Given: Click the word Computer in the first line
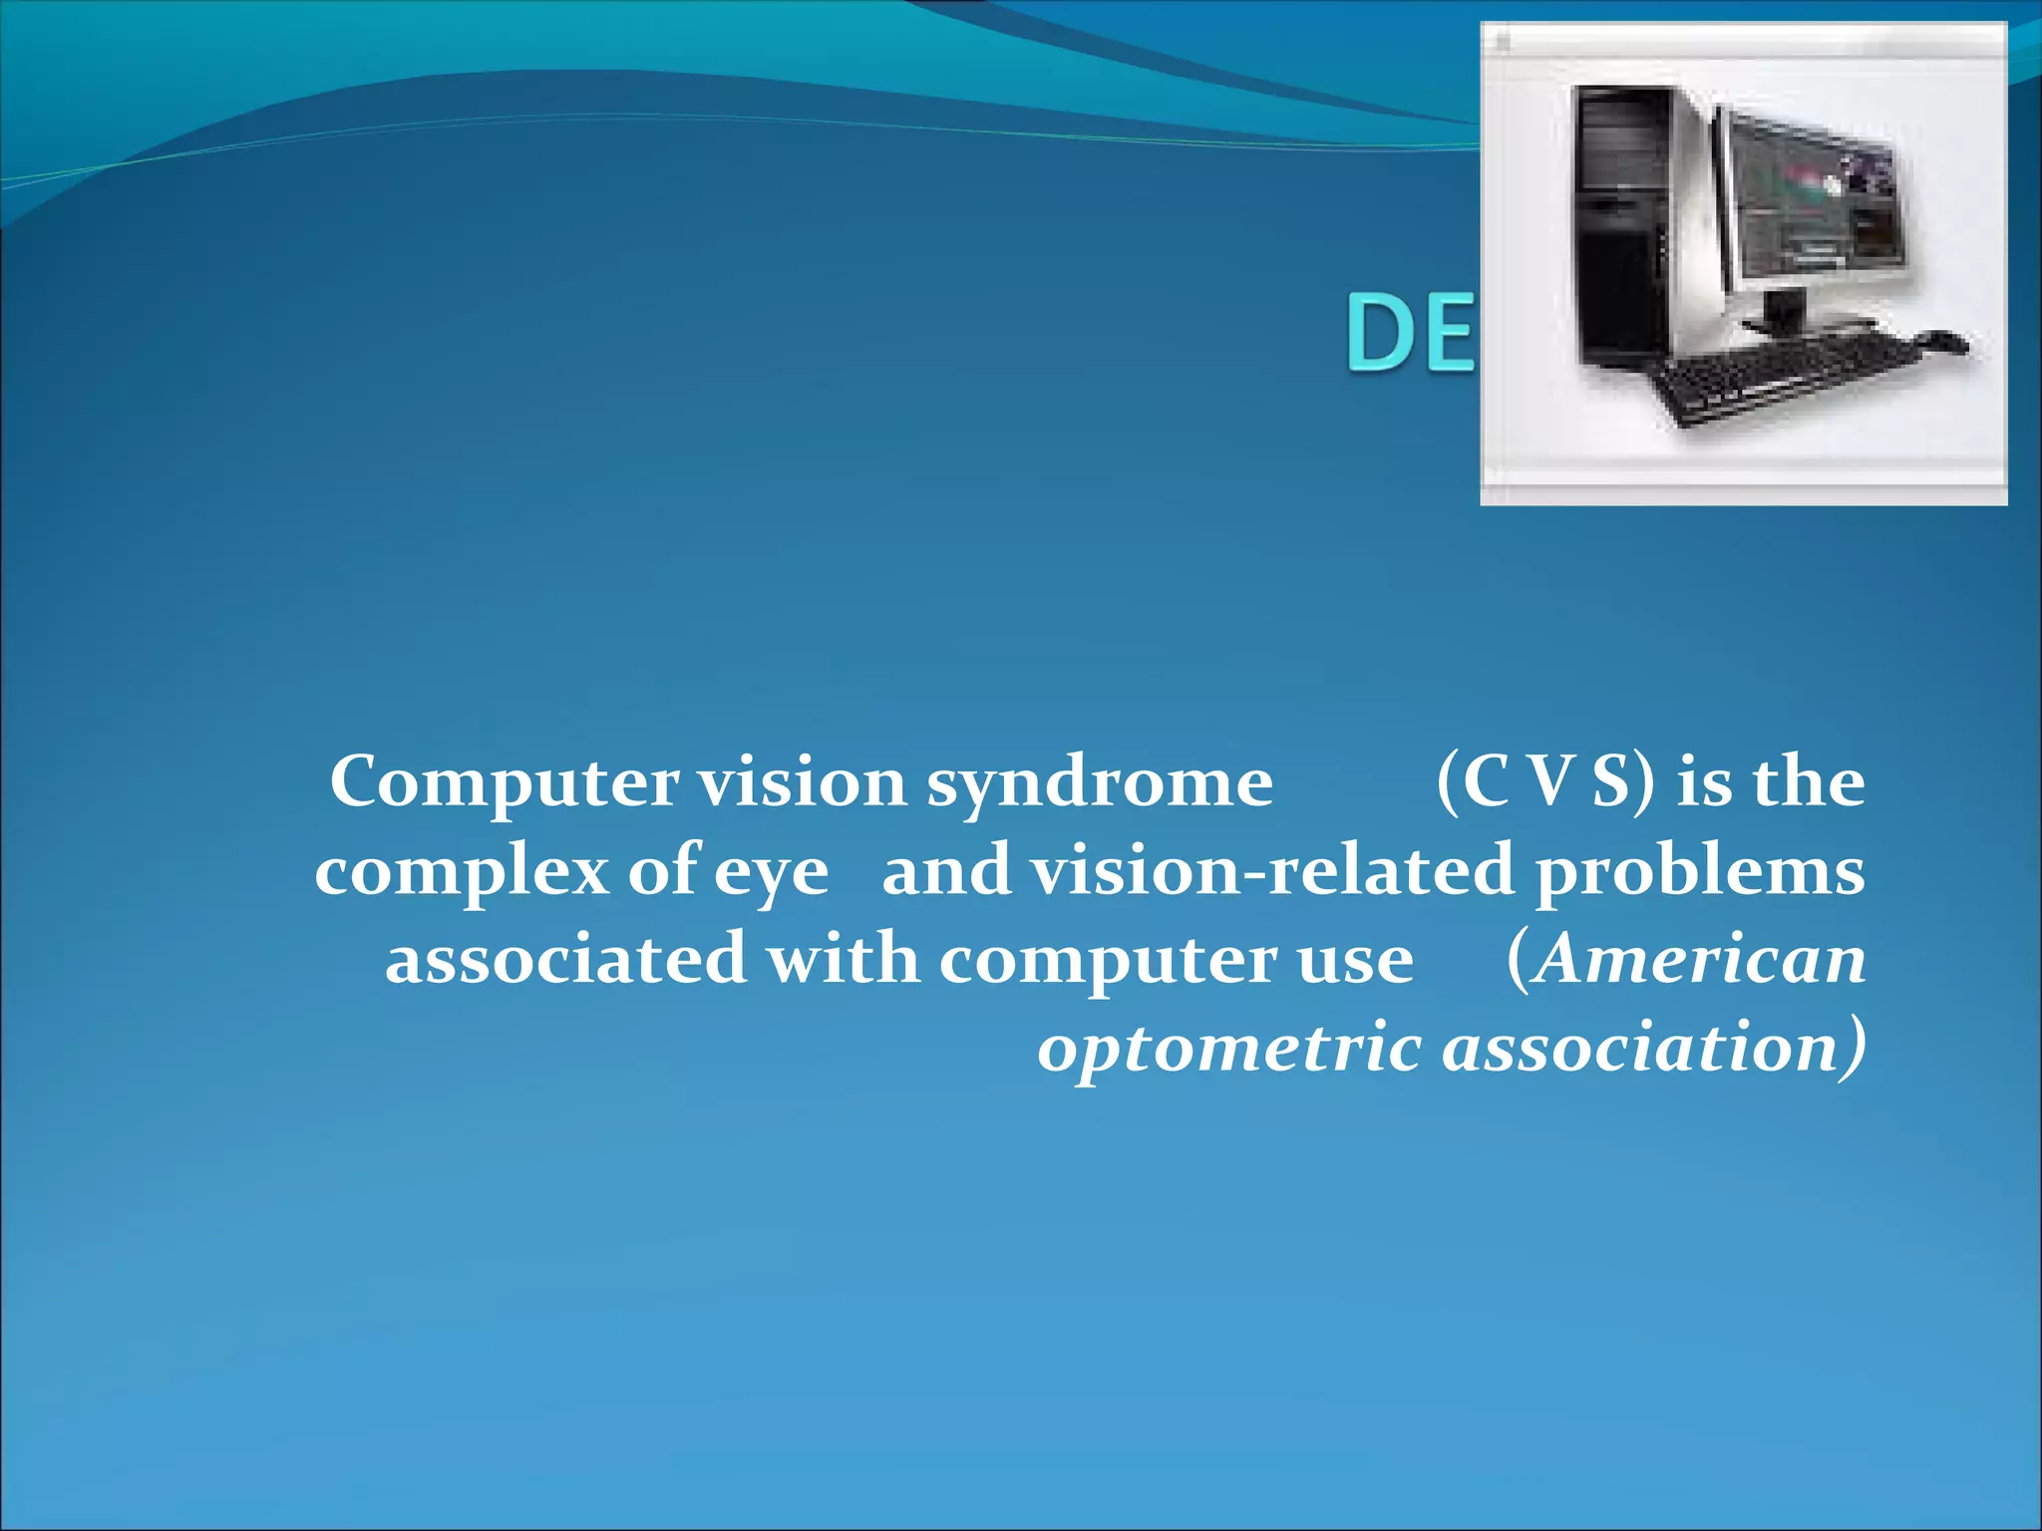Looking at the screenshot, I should tap(504, 783).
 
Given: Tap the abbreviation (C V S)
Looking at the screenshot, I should tap(1545, 783).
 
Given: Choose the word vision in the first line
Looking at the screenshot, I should tap(802, 783).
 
